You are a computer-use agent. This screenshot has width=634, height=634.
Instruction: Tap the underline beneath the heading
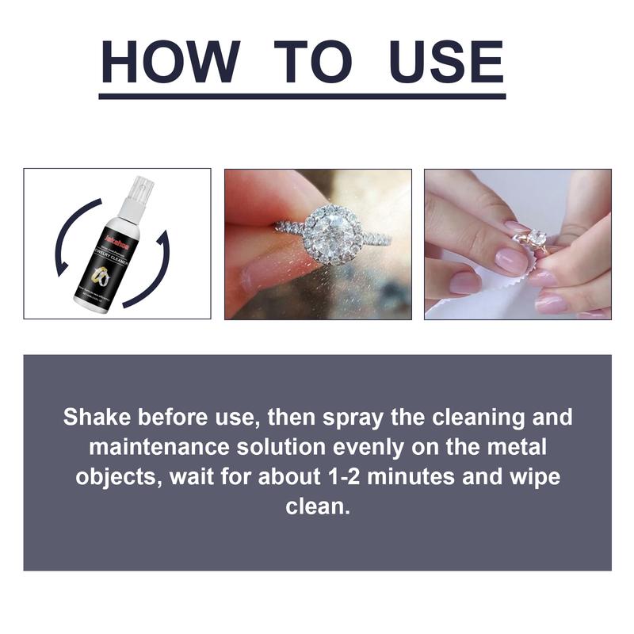302,96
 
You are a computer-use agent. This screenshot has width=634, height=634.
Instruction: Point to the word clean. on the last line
317,506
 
